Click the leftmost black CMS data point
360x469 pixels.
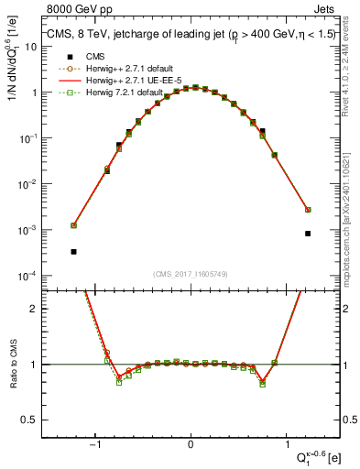coord(73,251)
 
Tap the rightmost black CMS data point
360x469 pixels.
coord(308,234)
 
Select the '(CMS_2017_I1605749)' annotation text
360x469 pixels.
coord(191,274)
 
